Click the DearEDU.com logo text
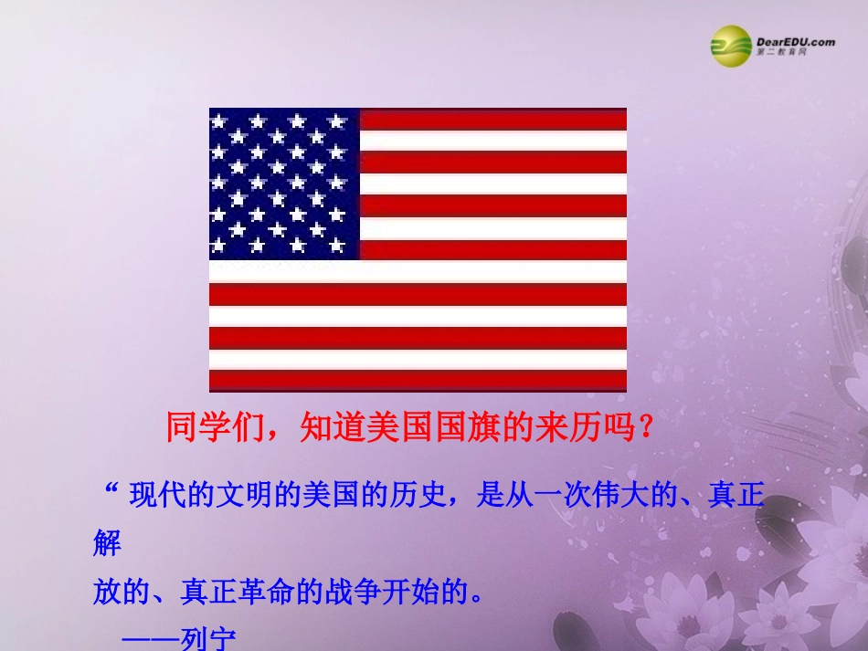click(x=795, y=41)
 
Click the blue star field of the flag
click(x=284, y=183)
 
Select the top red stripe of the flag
click(x=493, y=119)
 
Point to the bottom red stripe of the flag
click(x=418, y=380)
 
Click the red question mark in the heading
click(x=647, y=426)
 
